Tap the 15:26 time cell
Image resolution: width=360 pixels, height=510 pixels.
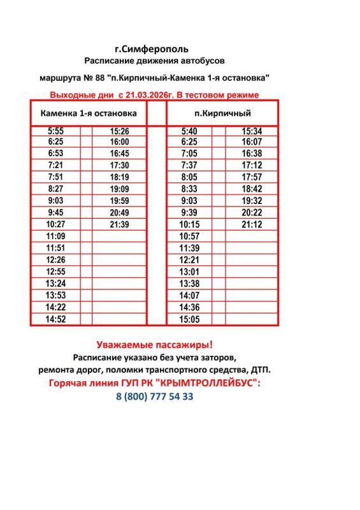point(119,131)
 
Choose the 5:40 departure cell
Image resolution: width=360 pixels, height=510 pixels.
point(189,131)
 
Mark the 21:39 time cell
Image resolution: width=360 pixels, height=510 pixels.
point(119,224)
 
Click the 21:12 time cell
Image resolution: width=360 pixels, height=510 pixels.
point(252,224)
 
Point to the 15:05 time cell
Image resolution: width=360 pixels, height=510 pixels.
point(189,319)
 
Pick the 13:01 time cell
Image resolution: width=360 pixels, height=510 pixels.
point(189,272)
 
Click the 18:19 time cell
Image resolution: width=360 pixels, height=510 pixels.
point(119,177)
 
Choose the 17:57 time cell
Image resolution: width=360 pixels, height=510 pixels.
point(252,177)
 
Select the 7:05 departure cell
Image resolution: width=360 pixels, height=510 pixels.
point(189,154)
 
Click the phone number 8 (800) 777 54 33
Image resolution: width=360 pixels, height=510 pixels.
point(155,397)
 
